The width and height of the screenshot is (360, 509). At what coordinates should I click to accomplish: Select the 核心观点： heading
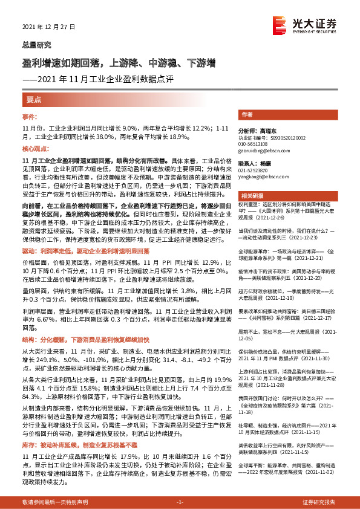tap(35, 148)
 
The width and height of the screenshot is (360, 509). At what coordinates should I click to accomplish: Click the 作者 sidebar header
tap(247, 114)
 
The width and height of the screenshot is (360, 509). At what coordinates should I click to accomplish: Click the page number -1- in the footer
tap(180, 503)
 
